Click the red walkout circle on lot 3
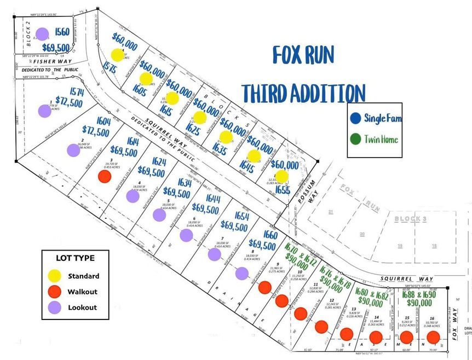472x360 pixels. pos(104,176)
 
